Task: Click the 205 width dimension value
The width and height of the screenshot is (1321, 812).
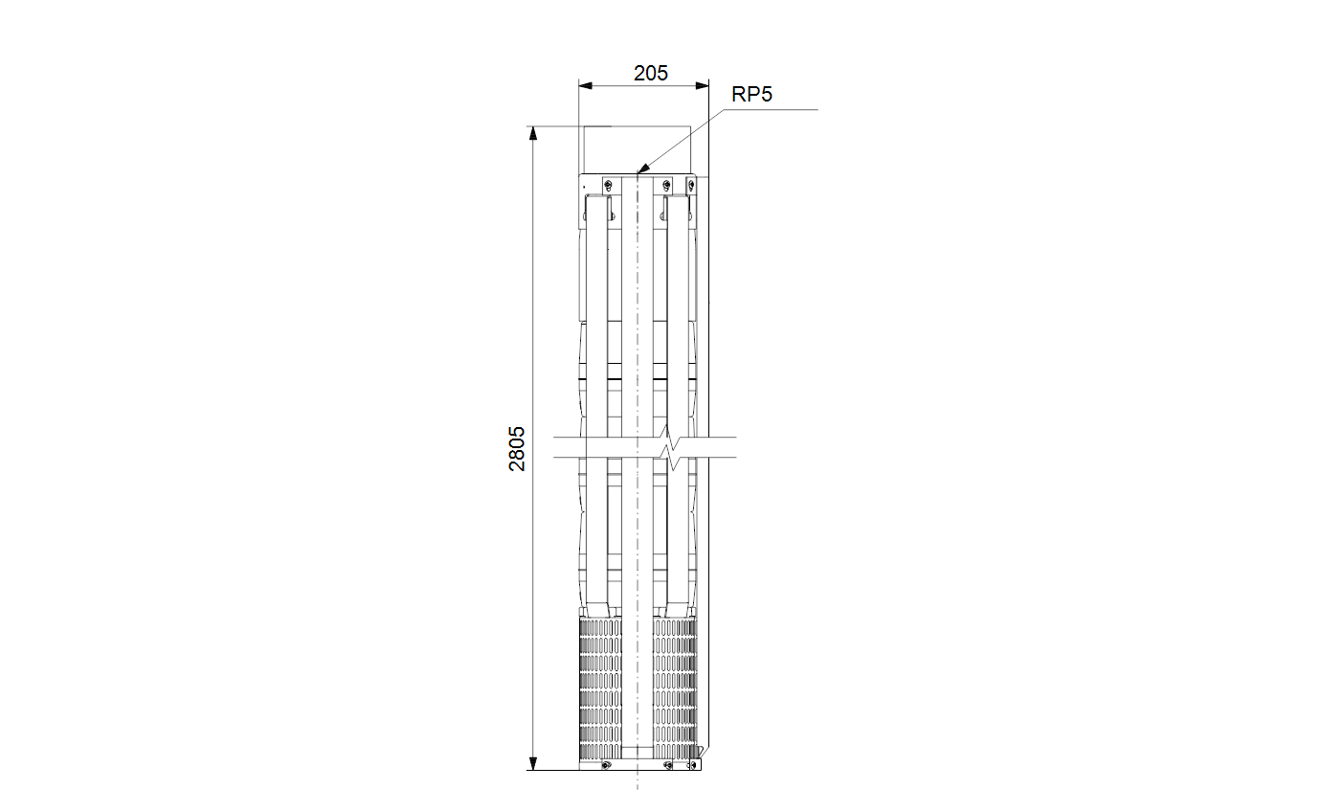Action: (x=651, y=73)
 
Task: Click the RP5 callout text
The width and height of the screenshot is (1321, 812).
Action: (x=751, y=95)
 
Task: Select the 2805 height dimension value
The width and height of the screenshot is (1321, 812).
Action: (x=517, y=448)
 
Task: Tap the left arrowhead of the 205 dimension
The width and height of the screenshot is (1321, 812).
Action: (x=585, y=85)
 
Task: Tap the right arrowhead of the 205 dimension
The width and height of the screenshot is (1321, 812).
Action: (x=702, y=85)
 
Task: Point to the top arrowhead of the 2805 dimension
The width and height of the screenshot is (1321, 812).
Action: (x=533, y=133)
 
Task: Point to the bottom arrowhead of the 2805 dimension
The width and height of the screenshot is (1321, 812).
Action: (x=533, y=763)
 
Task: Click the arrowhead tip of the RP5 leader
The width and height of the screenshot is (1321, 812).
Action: (x=638, y=173)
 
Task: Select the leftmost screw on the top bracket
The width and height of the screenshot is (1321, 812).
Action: (x=609, y=185)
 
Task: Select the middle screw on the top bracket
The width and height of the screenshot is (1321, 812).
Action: (x=666, y=185)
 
